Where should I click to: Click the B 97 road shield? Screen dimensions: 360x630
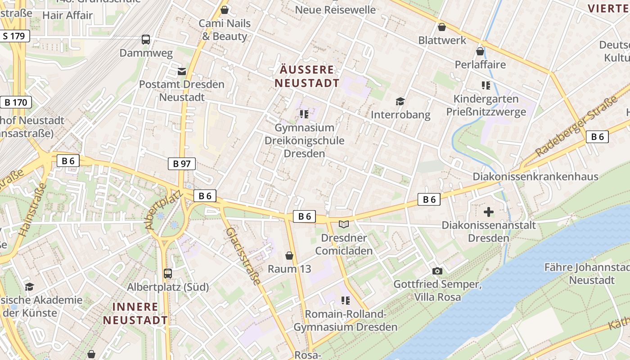(x=182, y=164)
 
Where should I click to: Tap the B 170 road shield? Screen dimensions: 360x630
(x=16, y=102)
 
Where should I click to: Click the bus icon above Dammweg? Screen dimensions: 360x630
(x=146, y=40)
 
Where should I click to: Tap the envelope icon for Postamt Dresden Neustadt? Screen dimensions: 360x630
(x=182, y=71)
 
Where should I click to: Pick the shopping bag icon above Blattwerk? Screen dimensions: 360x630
(x=442, y=27)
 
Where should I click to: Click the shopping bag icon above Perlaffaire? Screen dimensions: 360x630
(x=480, y=51)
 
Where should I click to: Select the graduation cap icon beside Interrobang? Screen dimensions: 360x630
(x=400, y=102)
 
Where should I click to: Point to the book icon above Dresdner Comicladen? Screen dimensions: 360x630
(x=344, y=224)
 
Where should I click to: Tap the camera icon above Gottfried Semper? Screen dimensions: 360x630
(x=437, y=271)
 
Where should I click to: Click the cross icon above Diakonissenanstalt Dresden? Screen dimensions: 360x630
(x=489, y=211)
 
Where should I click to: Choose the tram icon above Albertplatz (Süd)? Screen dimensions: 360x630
(x=168, y=273)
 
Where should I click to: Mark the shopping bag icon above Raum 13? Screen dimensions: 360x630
(x=289, y=256)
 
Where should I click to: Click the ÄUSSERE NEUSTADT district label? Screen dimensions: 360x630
(x=307, y=76)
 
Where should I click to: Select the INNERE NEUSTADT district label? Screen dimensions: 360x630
(x=135, y=313)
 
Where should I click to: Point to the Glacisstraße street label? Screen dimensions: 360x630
(x=243, y=256)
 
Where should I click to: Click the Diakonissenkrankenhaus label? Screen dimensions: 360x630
(x=535, y=176)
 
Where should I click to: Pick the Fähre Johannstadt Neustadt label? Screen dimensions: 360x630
(x=586, y=274)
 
